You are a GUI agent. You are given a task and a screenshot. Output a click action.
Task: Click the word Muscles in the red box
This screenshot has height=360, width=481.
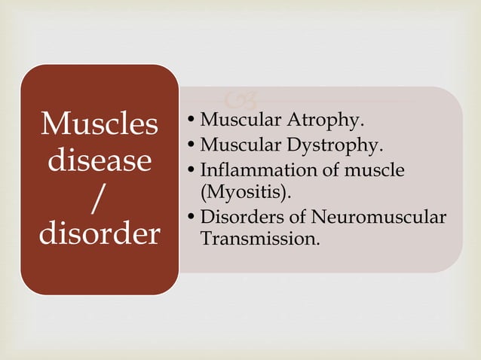coord(100,125)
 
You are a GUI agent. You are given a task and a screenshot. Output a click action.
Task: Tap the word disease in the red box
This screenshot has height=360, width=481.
coord(100,161)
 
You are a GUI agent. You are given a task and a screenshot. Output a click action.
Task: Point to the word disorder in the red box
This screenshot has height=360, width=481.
coord(100,233)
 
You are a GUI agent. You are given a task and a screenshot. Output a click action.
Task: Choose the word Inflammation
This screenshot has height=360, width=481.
coord(249,170)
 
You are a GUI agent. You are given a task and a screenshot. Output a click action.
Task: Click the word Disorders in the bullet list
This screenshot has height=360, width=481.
coord(234,218)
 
